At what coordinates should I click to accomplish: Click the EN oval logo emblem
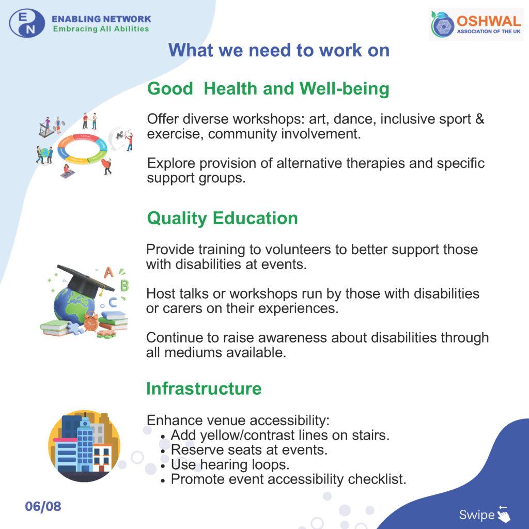(x=27, y=23)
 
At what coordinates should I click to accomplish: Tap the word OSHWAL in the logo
(x=489, y=21)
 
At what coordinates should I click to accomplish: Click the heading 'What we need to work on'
(x=279, y=50)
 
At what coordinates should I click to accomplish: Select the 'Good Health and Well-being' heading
(x=268, y=89)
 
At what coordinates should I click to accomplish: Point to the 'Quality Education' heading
(x=223, y=219)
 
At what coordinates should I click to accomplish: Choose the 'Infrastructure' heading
(x=204, y=388)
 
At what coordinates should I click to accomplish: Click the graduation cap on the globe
(x=86, y=279)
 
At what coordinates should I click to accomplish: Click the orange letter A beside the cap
(x=108, y=272)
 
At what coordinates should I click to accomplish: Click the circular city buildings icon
(x=84, y=446)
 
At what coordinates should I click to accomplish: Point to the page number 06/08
(x=43, y=506)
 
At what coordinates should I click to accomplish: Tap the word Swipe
(x=476, y=515)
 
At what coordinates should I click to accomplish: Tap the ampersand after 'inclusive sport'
(x=480, y=119)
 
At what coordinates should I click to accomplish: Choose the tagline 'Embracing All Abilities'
(x=101, y=29)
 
